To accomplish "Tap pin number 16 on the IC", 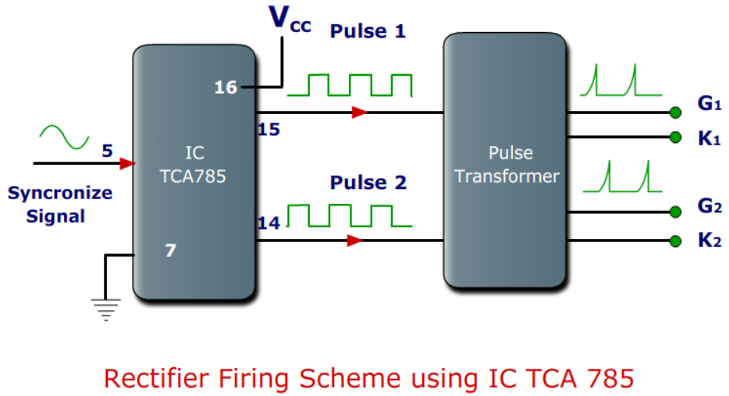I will point(226,87).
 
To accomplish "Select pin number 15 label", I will point(268,129).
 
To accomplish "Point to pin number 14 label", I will point(268,223).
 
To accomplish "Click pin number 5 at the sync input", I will point(108,151).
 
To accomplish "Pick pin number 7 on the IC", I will point(170,251).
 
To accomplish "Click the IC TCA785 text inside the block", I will point(193,166).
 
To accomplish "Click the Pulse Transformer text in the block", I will point(506,165).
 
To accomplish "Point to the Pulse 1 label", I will point(368,31).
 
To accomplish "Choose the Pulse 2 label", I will point(368,183).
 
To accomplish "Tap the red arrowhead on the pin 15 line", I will point(359,112).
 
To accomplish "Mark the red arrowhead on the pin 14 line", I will point(355,241).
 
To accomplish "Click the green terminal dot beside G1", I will point(675,111).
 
